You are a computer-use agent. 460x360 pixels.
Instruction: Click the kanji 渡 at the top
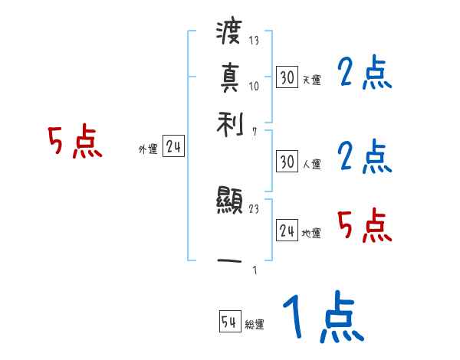click(230, 33)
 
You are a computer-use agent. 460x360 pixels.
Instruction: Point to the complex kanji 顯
click(230, 203)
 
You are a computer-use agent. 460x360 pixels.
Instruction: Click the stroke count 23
click(254, 208)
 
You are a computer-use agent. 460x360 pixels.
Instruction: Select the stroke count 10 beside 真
click(254, 86)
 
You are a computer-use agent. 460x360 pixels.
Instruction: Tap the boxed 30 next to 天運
click(287, 77)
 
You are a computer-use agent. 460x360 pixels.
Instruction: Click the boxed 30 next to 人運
click(287, 162)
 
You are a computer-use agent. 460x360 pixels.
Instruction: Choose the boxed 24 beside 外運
click(173, 148)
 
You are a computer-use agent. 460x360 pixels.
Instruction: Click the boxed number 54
click(229, 322)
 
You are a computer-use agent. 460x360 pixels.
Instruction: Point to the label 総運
click(255, 325)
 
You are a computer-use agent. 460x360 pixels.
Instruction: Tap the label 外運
click(147, 150)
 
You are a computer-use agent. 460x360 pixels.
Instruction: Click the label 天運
click(311, 80)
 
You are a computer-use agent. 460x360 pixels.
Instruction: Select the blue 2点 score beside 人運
click(364, 157)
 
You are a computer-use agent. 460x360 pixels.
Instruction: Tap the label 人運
click(311, 165)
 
